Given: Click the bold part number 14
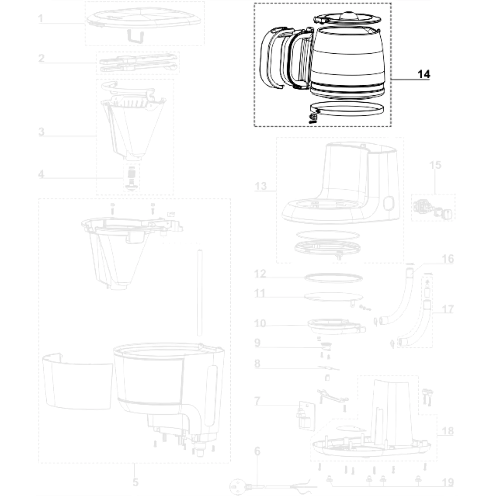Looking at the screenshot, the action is [424, 74].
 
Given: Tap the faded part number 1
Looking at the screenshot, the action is [41, 19].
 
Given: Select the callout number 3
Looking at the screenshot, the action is [41, 132].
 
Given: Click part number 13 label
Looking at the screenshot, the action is [261, 186].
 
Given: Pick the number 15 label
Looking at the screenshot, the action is [435, 165].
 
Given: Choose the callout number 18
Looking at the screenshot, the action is [448, 431].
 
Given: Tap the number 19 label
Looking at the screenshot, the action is [448, 482].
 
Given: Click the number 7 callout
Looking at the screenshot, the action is [257, 401].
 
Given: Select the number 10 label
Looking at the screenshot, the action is [260, 323].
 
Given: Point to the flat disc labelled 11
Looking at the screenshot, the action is [333, 296].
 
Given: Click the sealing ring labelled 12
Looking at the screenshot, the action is [333, 278].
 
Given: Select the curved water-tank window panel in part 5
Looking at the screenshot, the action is [77, 381].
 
